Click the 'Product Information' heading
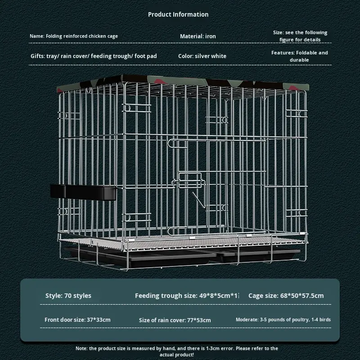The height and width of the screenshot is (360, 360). coord(178,14)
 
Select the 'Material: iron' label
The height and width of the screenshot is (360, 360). coord(198,36)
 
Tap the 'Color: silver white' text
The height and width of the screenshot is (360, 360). coord(202,56)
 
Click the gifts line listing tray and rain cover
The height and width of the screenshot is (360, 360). coord(94,56)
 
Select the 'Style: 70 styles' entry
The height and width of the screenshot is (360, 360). coord(68,296)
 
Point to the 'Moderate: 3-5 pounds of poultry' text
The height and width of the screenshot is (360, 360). coord(283,320)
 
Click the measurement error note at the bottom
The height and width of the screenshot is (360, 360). coord(177,351)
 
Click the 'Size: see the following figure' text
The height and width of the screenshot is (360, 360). coord(300,36)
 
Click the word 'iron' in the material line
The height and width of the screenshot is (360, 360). coord(211,36)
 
